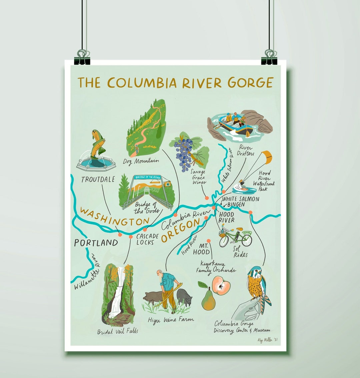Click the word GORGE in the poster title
[251, 82]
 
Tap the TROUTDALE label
[98, 179]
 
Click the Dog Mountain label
[143, 161]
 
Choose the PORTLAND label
[96, 243]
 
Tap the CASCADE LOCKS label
[147, 239]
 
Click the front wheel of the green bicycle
[247, 239]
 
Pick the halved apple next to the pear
[221, 285]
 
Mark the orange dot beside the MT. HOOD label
[209, 241]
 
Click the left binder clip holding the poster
[83, 57]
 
